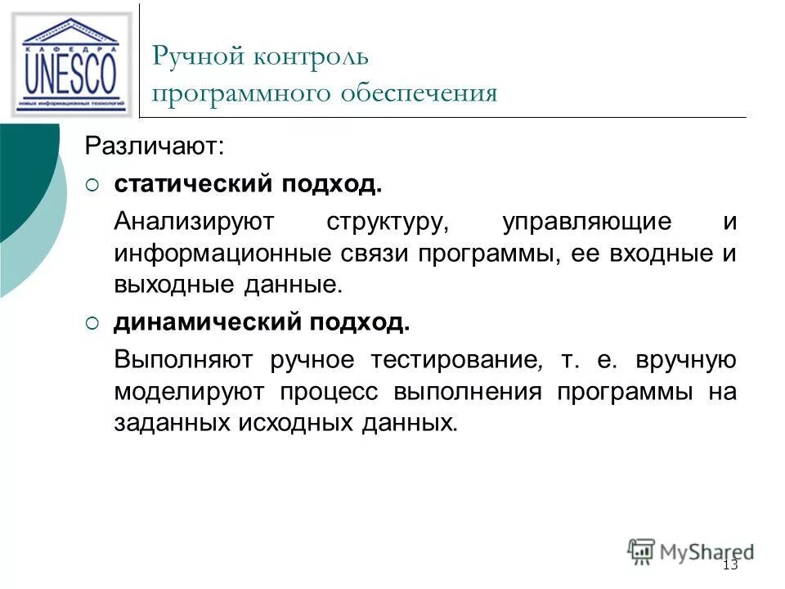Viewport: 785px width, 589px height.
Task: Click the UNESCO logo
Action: pyautogui.click(x=72, y=64)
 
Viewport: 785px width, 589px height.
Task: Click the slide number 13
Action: pyautogui.click(x=730, y=566)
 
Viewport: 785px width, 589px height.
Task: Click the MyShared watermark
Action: pyautogui.click(x=691, y=551)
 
